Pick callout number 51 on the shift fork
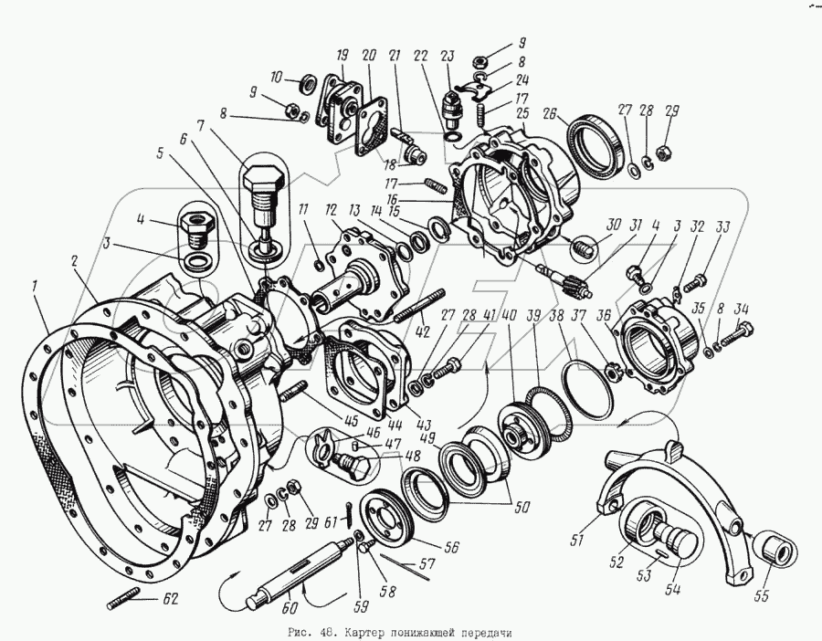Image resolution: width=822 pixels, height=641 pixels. click(x=576, y=541)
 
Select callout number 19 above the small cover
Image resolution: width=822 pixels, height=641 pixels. click(x=342, y=53)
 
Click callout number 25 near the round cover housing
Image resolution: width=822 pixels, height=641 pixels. click(x=522, y=113)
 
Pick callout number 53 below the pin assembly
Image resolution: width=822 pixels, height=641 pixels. click(x=644, y=574)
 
